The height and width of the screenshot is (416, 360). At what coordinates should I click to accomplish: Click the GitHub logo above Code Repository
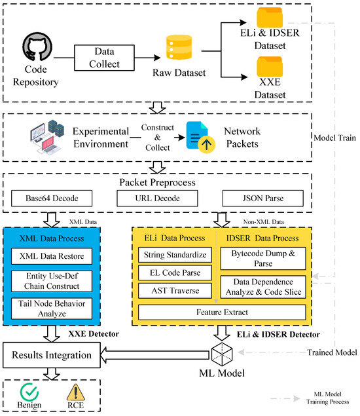[37, 47]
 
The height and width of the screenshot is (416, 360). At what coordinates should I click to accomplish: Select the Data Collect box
[104, 58]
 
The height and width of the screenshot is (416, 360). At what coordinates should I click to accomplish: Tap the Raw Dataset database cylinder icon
[179, 47]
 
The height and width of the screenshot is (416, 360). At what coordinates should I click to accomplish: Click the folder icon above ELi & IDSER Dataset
[270, 17]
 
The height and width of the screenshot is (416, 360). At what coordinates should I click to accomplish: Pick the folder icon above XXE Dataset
[270, 67]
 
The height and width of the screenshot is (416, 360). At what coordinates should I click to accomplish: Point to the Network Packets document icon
[200, 137]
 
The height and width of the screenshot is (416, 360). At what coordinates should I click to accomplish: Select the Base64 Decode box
[52, 199]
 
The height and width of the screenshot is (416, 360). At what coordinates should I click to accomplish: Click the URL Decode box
[157, 199]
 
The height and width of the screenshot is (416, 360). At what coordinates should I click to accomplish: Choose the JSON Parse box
[262, 199]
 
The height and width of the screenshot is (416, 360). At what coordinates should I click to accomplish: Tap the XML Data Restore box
[52, 256]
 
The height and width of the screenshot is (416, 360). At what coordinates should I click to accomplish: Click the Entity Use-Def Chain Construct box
[52, 281]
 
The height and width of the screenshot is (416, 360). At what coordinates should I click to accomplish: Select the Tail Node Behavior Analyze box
[52, 309]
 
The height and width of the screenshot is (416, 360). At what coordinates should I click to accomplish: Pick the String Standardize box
[175, 255]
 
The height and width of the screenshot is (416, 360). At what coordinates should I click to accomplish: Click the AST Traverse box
[175, 290]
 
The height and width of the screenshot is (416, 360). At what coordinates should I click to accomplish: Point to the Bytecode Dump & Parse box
[263, 258]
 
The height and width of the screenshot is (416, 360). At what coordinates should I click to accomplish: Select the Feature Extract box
[222, 312]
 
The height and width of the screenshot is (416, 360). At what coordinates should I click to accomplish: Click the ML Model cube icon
[222, 354]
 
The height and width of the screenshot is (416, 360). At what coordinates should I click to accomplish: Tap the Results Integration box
[52, 355]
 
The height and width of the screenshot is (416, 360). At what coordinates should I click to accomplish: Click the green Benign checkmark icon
[29, 392]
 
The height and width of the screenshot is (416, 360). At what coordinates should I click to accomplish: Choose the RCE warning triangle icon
[75, 392]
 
